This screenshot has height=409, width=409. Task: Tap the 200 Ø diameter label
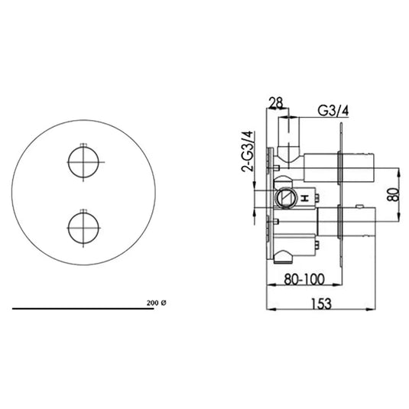coord(155,304)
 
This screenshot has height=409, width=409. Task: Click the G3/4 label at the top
coord(333,110)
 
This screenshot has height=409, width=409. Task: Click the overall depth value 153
coord(323,304)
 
